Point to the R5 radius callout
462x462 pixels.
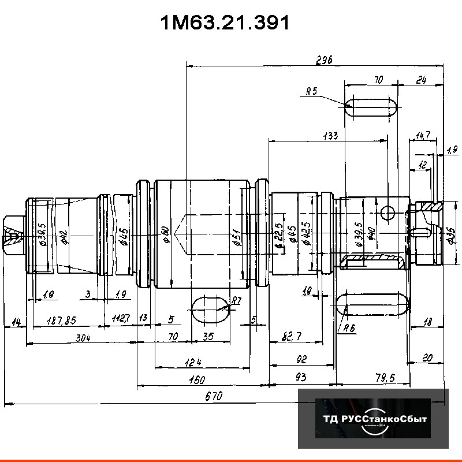tap(312, 91)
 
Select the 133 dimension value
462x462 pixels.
tap(330, 136)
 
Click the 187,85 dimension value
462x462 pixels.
tap(61, 321)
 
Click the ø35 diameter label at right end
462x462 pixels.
tap(451, 235)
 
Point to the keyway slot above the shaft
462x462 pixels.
tap(371, 109)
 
